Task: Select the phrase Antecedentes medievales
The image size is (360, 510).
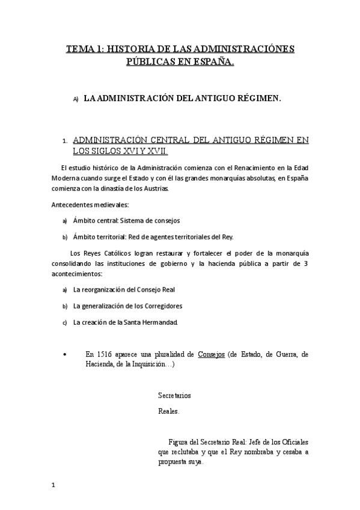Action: tap(86, 204)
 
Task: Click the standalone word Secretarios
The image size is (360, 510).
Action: tap(174, 396)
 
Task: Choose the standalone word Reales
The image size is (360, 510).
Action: tap(168, 412)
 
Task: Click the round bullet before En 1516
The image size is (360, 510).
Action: tap(65, 355)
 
